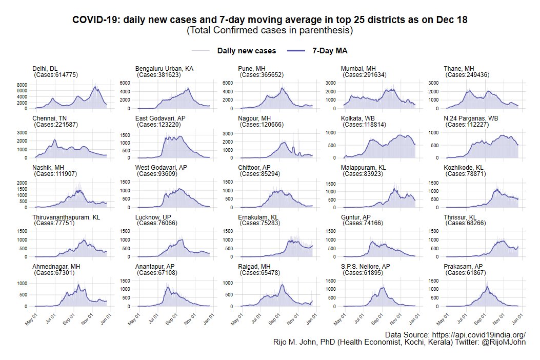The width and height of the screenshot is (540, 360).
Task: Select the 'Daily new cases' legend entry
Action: [246, 51]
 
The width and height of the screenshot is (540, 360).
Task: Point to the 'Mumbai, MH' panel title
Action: [358, 68]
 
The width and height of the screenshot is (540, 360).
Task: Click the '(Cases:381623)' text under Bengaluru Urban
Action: [159, 75]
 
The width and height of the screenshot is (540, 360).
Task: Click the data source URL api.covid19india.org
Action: [477, 334]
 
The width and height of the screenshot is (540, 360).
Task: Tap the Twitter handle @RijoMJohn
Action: [504, 343]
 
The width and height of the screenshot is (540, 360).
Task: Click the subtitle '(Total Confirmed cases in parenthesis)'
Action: [270, 31]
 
